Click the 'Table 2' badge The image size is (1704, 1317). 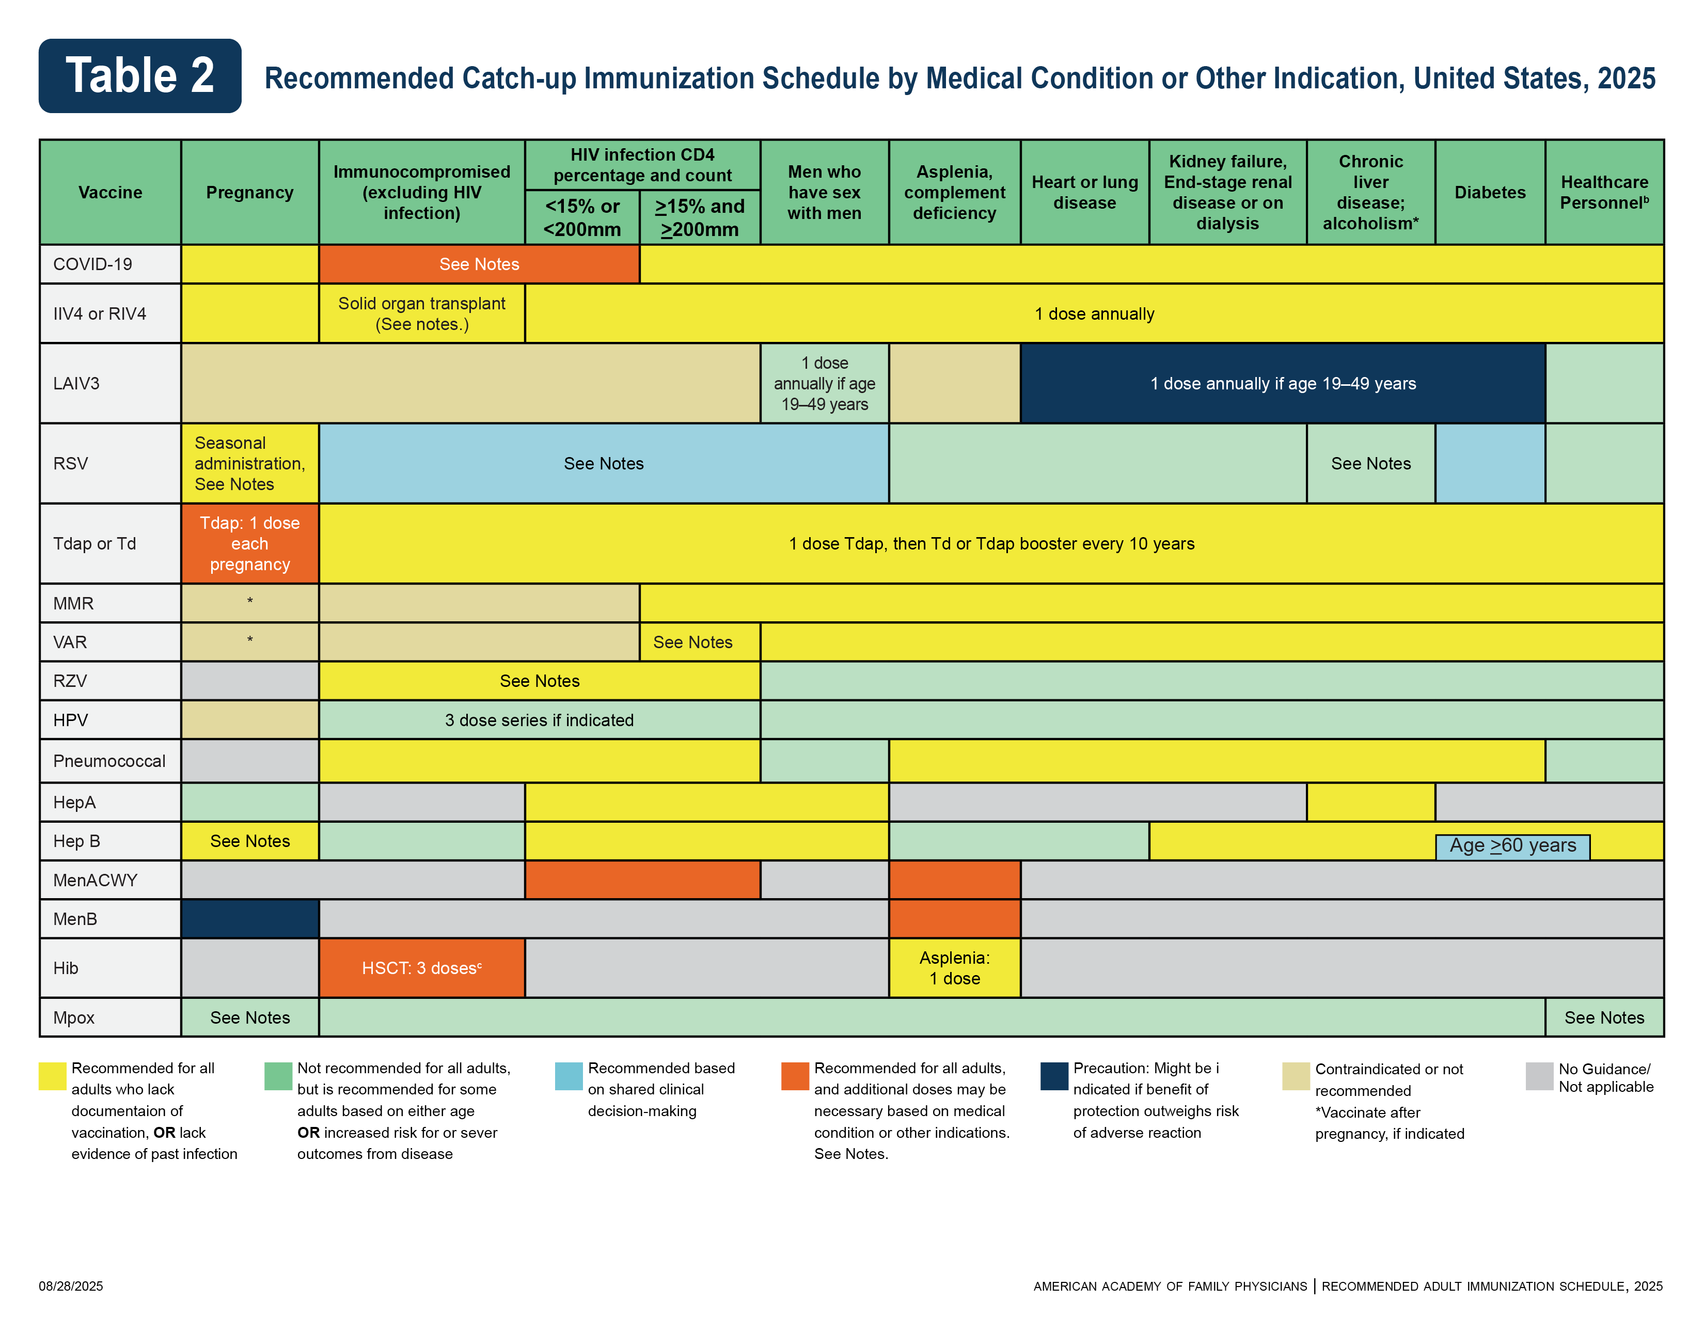point(139,76)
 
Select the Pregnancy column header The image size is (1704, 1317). point(250,192)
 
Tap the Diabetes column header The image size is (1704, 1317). point(1489,192)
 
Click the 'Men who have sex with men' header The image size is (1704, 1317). point(824,192)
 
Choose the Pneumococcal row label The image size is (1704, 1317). point(109,761)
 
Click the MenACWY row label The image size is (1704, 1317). point(95,880)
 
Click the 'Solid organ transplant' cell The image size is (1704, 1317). point(421,313)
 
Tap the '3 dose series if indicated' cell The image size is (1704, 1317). point(539,720)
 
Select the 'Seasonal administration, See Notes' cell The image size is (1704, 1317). point(250,463)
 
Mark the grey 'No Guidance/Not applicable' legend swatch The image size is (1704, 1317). point(1539,1076)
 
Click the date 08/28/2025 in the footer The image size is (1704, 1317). point(71,1286)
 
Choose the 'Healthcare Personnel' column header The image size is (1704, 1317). point(1604,192)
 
